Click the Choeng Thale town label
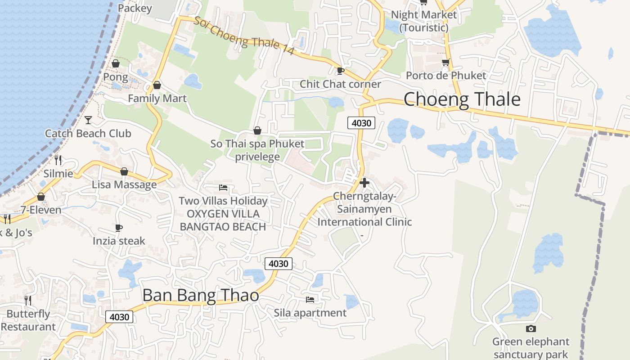(462, 99)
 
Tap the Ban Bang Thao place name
(201, 295)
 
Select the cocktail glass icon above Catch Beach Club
(88, 120)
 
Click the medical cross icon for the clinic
(364, 183)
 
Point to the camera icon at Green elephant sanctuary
(531, 328)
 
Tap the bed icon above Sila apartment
(310, 299)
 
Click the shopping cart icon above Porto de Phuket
(445, 62)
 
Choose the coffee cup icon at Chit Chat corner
(341, 70)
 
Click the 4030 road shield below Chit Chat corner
(361, 123)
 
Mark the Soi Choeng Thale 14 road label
(244, 36)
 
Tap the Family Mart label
(157, 98)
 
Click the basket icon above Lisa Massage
(124, 171)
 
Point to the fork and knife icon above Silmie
(58, 160)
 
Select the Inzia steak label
(119, 241)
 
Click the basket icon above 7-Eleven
(41, 197)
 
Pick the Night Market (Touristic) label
(423, 21)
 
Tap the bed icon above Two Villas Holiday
(223, 187)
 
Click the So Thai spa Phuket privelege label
(257, 150)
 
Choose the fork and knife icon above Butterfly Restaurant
(28, 300)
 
